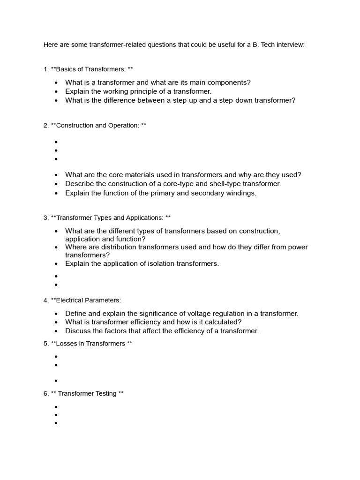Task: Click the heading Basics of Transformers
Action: [90, 69]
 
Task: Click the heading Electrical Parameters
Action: [88, 300]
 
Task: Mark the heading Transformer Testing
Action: [87, 394]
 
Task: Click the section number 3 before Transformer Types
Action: [45, 217]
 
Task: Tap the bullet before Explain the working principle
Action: [56, 92]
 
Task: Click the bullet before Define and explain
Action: [56, 314]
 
